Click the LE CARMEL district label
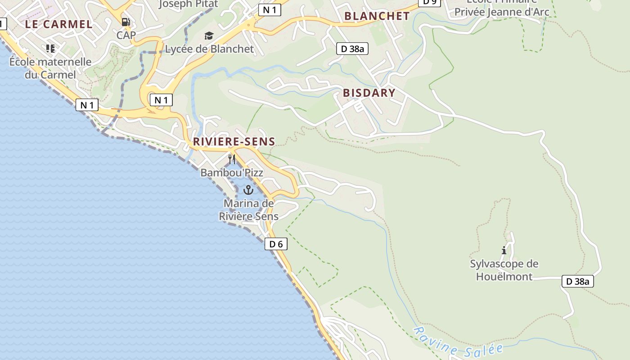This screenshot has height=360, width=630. click(58, 24)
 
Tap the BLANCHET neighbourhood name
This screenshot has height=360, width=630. click(377, 16)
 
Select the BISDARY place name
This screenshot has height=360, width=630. click(369, 93)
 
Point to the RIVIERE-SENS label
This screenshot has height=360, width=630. click(234, 142)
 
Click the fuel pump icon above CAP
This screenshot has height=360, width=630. click(126, 22)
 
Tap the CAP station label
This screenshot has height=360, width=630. click(126, 35)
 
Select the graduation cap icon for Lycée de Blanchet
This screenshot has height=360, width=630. click(209, 36)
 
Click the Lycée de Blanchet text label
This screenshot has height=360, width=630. click(210, 49)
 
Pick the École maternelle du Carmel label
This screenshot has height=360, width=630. click(50, 68)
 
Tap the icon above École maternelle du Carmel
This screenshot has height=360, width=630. click(50, 48)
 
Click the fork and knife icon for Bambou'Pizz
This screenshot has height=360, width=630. click(232, 159)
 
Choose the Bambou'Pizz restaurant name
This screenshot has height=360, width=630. click(232, 173)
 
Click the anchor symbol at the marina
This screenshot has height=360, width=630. click(248, 190)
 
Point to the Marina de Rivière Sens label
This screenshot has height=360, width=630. click(249, 210)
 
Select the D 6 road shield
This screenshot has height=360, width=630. click(275, 244)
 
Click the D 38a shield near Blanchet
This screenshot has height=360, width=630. click(352, 49)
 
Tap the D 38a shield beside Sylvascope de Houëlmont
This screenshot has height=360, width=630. click(578, 282)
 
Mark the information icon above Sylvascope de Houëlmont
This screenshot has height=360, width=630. click(504, 250)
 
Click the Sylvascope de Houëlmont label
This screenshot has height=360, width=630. click(504, 270)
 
